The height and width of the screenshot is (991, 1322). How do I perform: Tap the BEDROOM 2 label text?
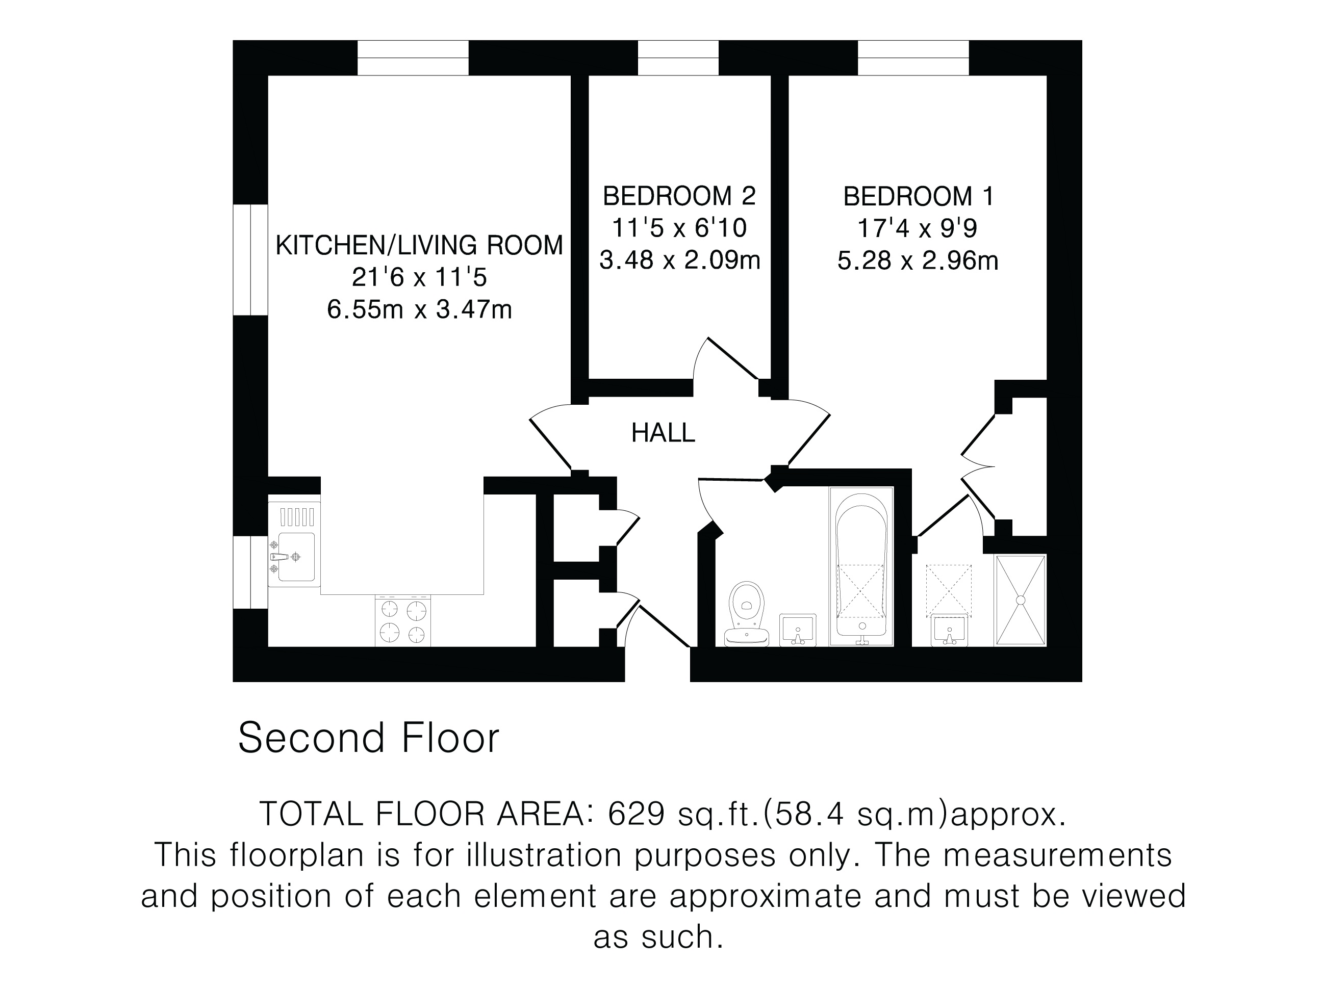click(679, 196)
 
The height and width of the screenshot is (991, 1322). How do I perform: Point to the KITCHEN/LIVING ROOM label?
click(419, 245)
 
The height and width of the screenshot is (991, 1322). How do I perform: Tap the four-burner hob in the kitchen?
click(403, 620)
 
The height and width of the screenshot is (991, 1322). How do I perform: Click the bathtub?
click(861, 567)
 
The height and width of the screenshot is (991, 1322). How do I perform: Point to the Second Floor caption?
click(368, 738)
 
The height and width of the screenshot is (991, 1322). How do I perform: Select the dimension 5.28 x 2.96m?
click(918, 261)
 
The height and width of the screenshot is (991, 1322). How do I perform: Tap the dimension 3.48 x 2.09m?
click(679, 260)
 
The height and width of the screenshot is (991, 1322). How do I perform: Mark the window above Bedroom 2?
click(678, 58)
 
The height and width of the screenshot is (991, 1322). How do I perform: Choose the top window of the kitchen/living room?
click(413, 58)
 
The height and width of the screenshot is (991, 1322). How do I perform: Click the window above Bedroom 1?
click(913, 58)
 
